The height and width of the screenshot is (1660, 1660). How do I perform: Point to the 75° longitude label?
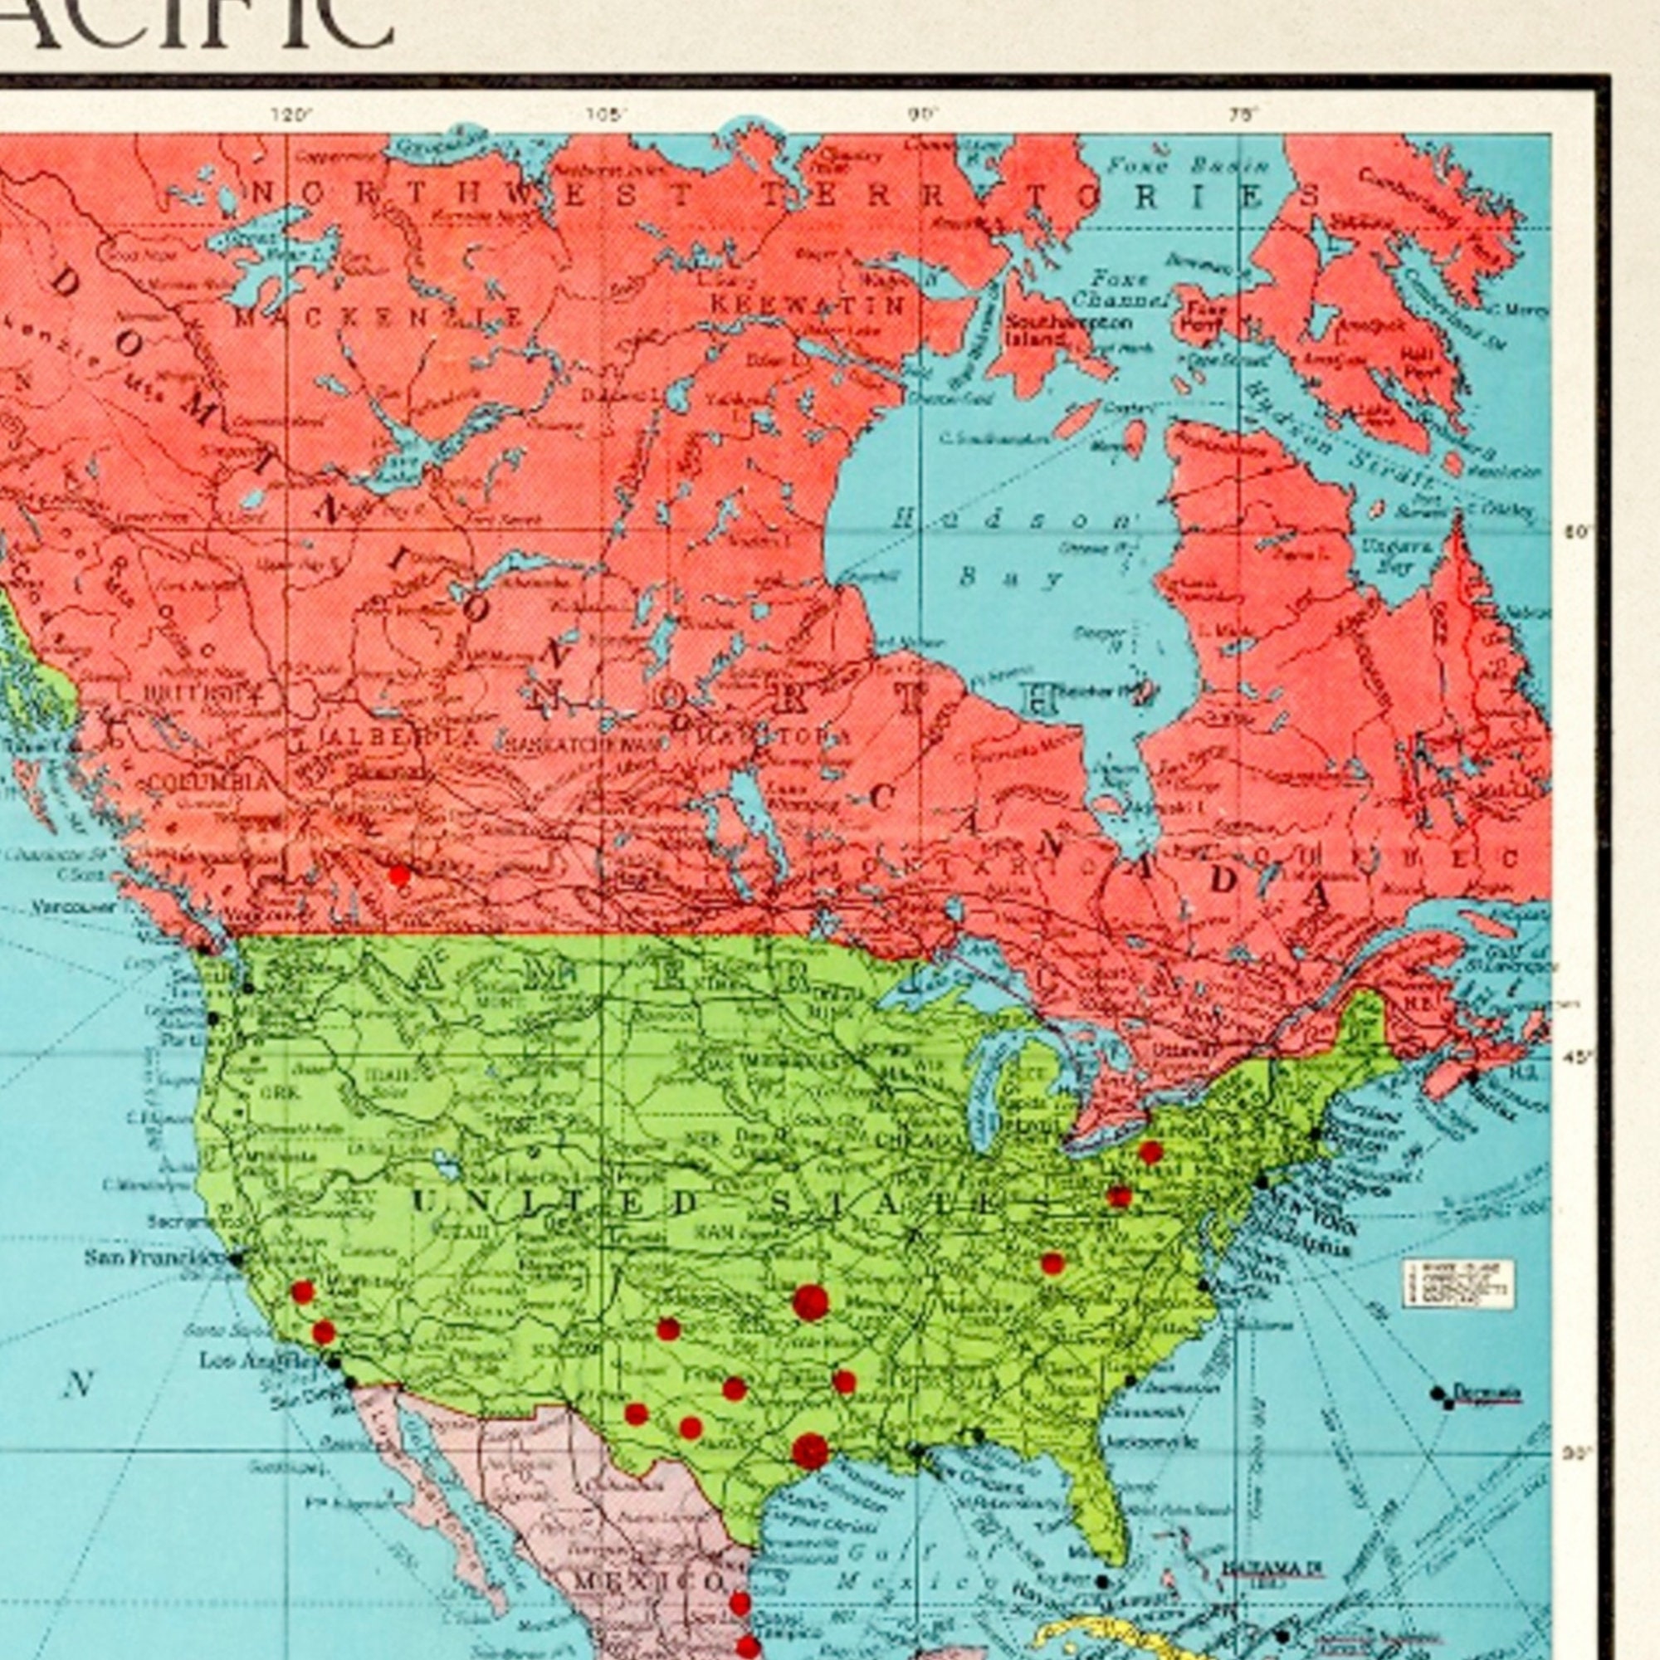pos(1243,115)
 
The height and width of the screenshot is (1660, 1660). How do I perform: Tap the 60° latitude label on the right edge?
pos(1579,532)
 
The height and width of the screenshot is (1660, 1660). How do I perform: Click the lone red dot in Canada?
pos(398,876)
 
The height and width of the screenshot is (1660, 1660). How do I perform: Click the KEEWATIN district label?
pos(808,304)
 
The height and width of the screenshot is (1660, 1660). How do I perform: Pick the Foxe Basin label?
pos(1188,166)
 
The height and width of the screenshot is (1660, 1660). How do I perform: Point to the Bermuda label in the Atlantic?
pos(1488,1391)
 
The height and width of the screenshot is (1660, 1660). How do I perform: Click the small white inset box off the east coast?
pos(1458,1284)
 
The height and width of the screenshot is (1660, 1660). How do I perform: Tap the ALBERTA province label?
pos(399,737)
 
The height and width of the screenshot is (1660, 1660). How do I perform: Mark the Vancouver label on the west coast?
pos(76,907)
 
